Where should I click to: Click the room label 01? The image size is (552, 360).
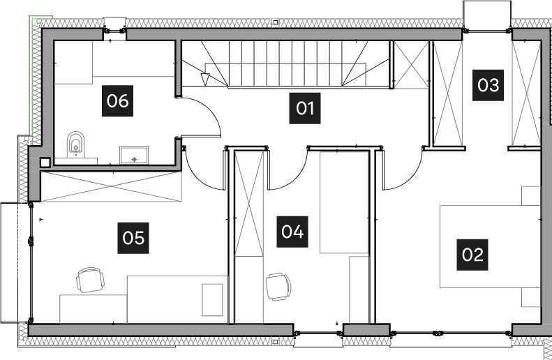click(305, 108)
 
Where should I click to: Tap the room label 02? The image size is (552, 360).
click(472, 254)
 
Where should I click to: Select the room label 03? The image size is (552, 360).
click(488, 85)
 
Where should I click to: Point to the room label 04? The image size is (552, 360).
click(292, 232)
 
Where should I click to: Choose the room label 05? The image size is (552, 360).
click(133, 238)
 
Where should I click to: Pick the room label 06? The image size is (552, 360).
click(117, 101)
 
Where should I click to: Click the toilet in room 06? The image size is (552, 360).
click(75, 146)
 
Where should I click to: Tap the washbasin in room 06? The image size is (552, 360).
click(134, 155)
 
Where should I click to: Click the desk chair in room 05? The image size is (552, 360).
click(91, 280)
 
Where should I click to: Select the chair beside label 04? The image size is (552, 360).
click(278, 286)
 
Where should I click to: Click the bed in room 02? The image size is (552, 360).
click(490, 246)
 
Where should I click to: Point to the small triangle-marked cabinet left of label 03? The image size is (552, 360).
click(411, 65)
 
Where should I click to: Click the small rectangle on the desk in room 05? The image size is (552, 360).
click(212, 299)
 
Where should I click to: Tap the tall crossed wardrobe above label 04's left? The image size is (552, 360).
click(249, 203)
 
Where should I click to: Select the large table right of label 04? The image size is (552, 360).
click(344, 202)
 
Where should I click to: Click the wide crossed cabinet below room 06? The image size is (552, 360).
click(110, 186)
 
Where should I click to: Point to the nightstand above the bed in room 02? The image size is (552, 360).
click(531, 195)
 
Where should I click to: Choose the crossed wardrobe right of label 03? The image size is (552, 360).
click(526, 93)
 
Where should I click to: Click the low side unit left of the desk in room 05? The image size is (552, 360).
click(93, 309)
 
